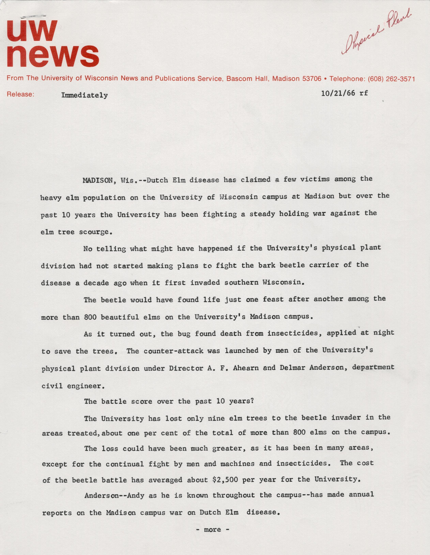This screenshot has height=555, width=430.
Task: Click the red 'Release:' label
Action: click(20, 94)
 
